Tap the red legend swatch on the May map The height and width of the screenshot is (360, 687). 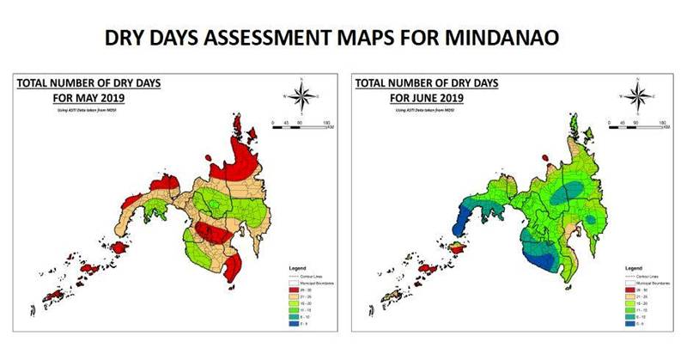pos(293,290)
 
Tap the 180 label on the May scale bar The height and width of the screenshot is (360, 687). pos(327,123)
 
